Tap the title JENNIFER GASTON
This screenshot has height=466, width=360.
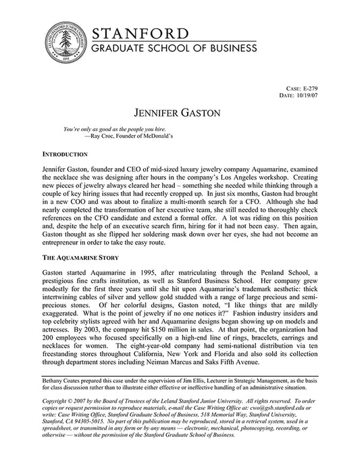(180, 112)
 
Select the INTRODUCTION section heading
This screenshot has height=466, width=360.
(65, 155)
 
